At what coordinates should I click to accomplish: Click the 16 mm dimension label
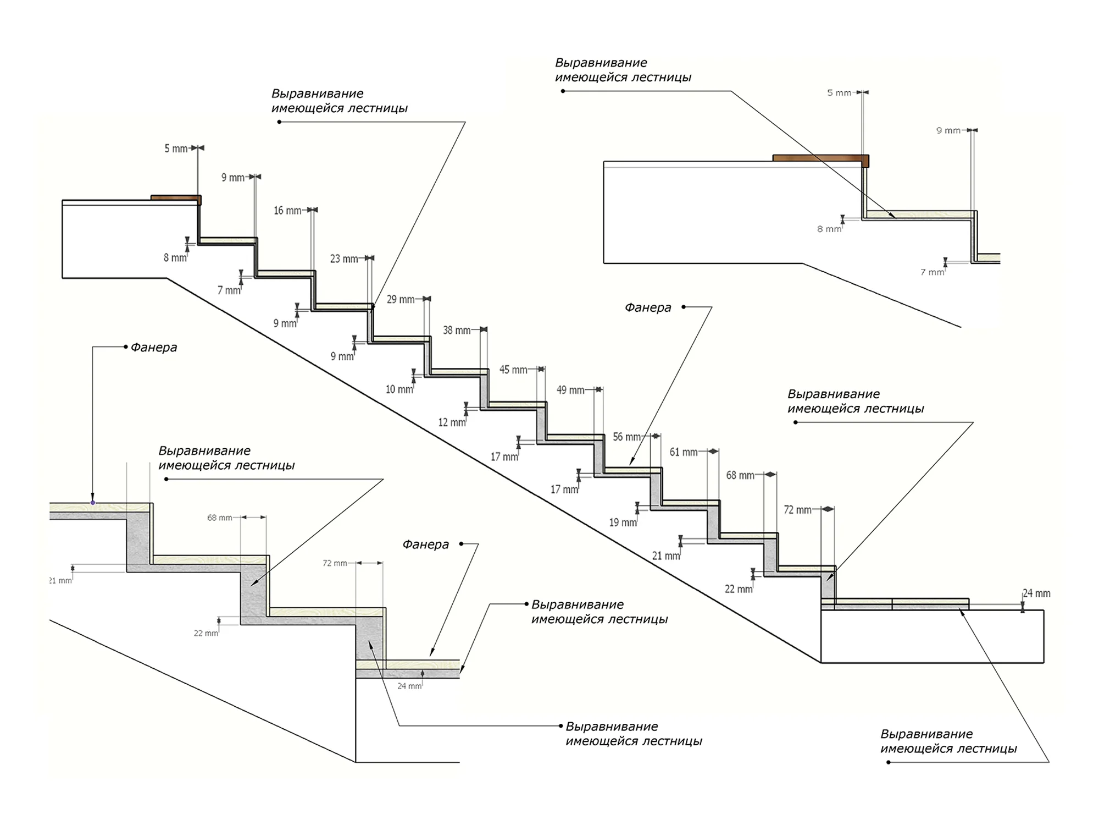click(287, 211)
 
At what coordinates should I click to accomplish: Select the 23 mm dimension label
click(344, 258)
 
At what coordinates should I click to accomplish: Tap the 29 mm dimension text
click(401, 299)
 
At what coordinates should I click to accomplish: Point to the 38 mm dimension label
click(457, 330)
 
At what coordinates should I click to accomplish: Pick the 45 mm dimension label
click(513, 370)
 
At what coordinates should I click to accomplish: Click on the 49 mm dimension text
click(570, 390)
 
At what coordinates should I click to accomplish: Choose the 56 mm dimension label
click(627, 437)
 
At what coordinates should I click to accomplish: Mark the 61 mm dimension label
click(684, 452)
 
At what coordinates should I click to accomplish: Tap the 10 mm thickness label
click(399, 389)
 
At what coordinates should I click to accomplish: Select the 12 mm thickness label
click(452, 422)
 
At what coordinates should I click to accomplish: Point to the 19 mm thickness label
click(623, 522)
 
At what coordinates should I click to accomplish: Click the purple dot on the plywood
click(93, 503)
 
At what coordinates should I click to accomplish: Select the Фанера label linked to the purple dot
click(154, 348)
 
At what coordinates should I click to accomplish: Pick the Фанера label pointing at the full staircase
click(648, 307)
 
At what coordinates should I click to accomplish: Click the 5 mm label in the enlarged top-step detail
click(839, 93)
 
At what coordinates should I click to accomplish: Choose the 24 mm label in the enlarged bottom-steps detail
click(409, 686)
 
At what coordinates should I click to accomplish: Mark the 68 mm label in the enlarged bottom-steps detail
click(220, 518)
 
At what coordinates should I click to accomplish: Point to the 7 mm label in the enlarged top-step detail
click(933, 272)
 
